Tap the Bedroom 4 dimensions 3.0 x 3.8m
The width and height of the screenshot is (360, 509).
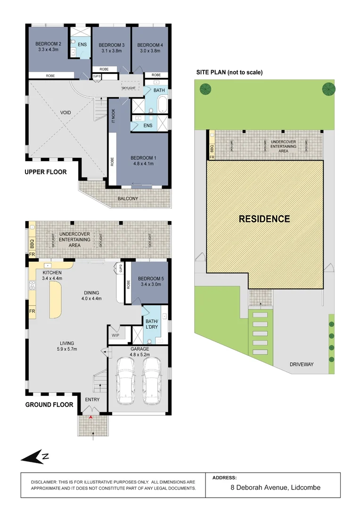150,51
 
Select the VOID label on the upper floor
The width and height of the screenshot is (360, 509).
65,113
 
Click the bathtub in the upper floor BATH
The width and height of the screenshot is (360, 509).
161,105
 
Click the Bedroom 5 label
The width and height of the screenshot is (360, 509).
149,278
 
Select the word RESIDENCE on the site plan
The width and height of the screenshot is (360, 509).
264,219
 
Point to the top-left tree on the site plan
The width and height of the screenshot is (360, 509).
205,89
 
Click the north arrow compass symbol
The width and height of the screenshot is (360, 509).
35,456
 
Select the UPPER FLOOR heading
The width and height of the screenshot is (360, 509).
45,172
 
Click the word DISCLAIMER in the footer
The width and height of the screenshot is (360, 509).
43,483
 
